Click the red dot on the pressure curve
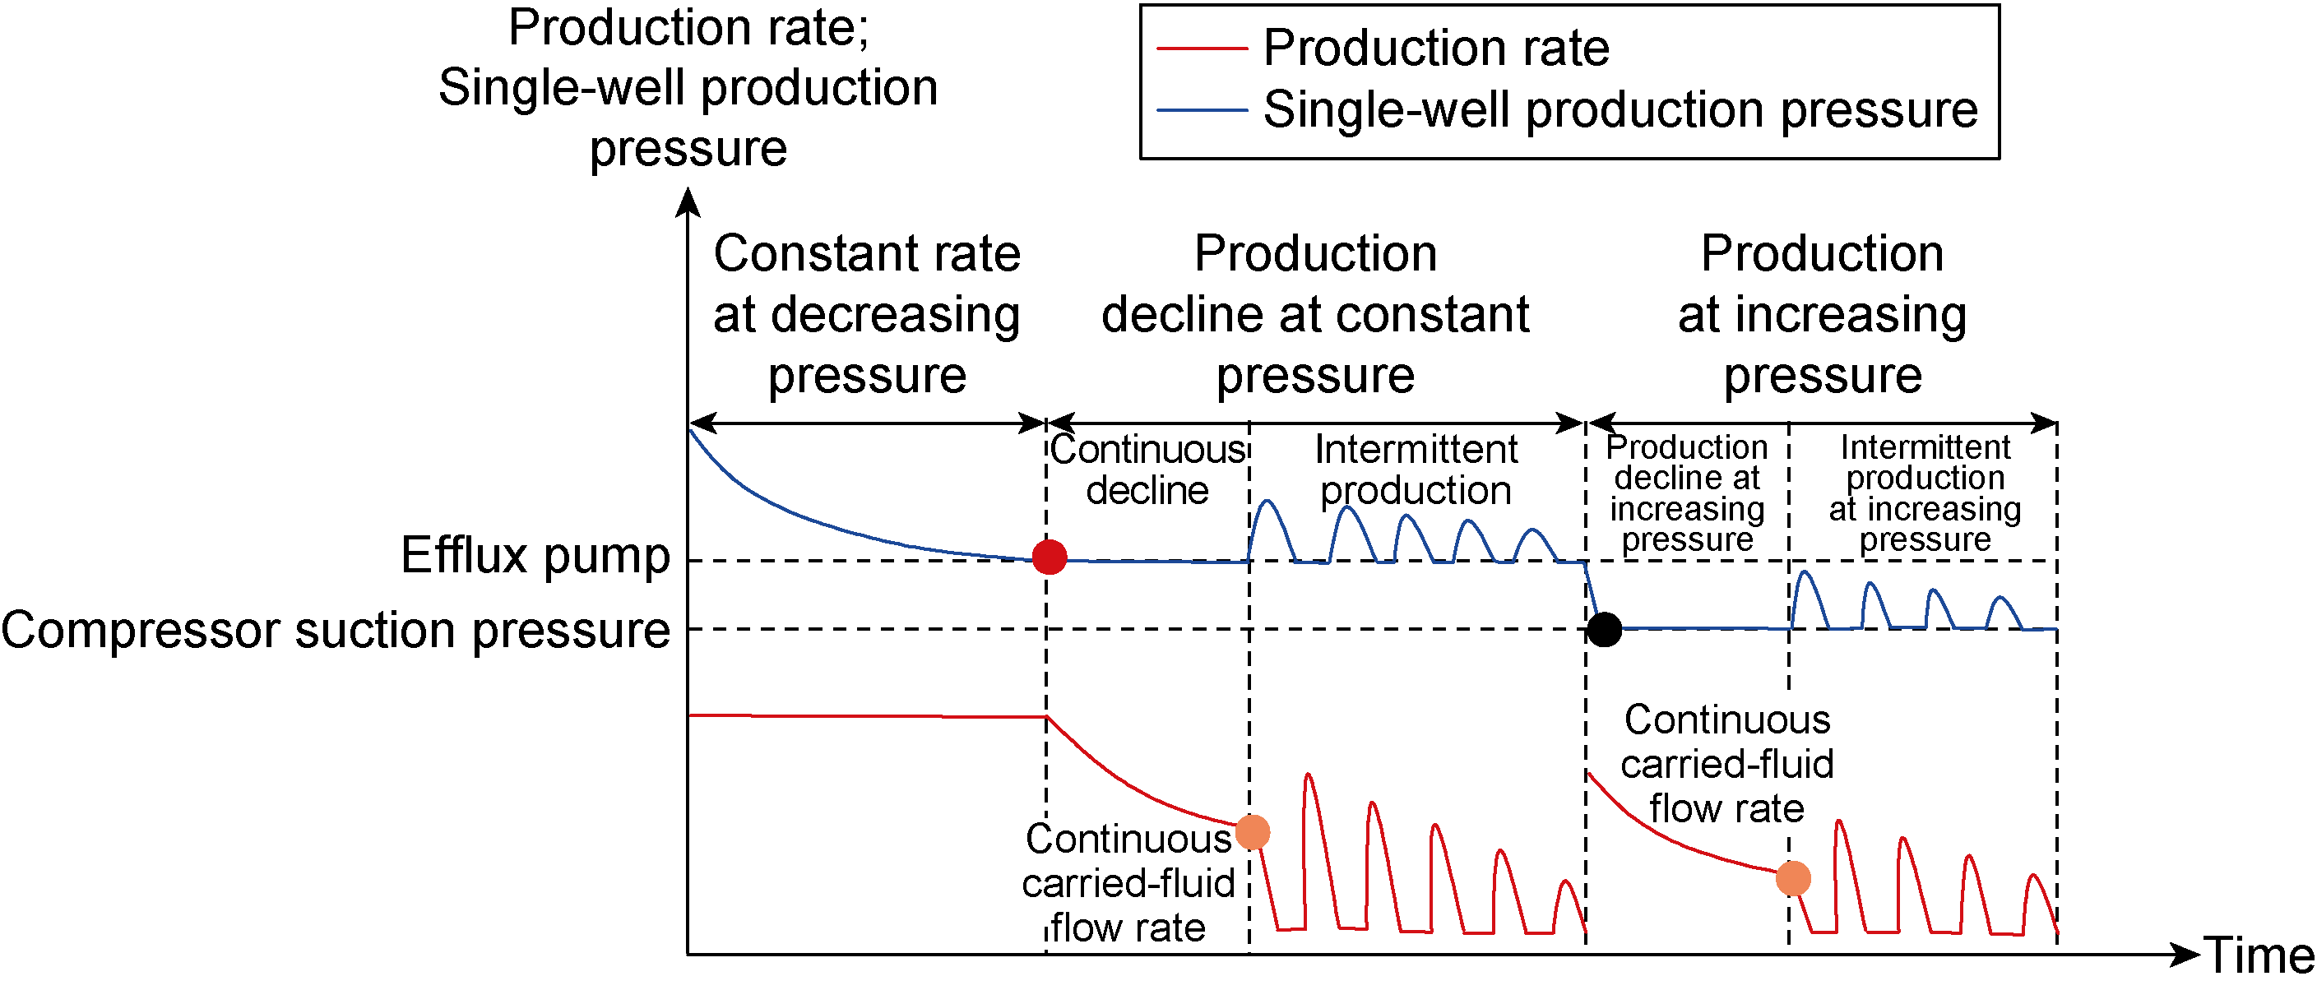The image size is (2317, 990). click(1049, 557)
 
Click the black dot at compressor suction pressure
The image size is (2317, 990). click(1604, 628)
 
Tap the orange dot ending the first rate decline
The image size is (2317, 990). click(1252, 832)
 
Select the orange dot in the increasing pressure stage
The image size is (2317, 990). click(1792, 877)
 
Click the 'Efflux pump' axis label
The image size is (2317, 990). click(535, 555)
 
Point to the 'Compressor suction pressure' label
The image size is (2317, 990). click(336, 629)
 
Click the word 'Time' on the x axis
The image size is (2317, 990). click(2258, 955)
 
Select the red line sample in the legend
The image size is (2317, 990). click(1201, 48)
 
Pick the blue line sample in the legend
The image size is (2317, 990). click(1201, 109)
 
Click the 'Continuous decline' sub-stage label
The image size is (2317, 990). click(1147, 470)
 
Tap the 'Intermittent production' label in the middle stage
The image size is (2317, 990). click(1416, 470)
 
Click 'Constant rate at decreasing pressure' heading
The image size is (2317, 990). click(866, 314)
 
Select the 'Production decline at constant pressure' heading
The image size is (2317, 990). click(1315, 314)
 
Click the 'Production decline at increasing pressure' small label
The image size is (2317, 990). click(1686, 493)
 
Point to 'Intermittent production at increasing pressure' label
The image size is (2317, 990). click(1925, 493)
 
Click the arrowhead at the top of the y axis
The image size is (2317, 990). click(688, 201)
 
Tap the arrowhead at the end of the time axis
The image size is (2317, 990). click(2185, 954)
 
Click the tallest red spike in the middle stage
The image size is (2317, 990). click(1308, 776)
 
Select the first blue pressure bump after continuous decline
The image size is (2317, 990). click(1267, 503)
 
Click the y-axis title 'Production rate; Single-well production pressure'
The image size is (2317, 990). click(688, 87)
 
